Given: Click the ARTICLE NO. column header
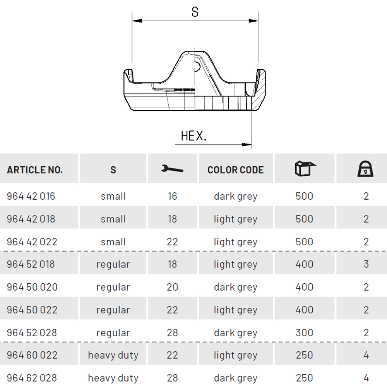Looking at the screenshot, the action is click(x=34, y=170).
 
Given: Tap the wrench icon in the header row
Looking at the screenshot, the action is click(x=172, y=169).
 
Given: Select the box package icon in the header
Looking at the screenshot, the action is click(x=305, y=168).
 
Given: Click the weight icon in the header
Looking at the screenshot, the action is click(x=365, y=169).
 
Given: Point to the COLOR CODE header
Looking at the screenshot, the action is click(x=235, y=170).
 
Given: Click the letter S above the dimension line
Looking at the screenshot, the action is click(x=195, y=12).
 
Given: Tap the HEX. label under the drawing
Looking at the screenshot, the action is click(x=193, y=136).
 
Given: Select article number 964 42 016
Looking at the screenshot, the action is click(x=31, y=196).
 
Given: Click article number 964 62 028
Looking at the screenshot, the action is click(x=32, y=378).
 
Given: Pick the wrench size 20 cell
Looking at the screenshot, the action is click(x=172, y=287).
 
